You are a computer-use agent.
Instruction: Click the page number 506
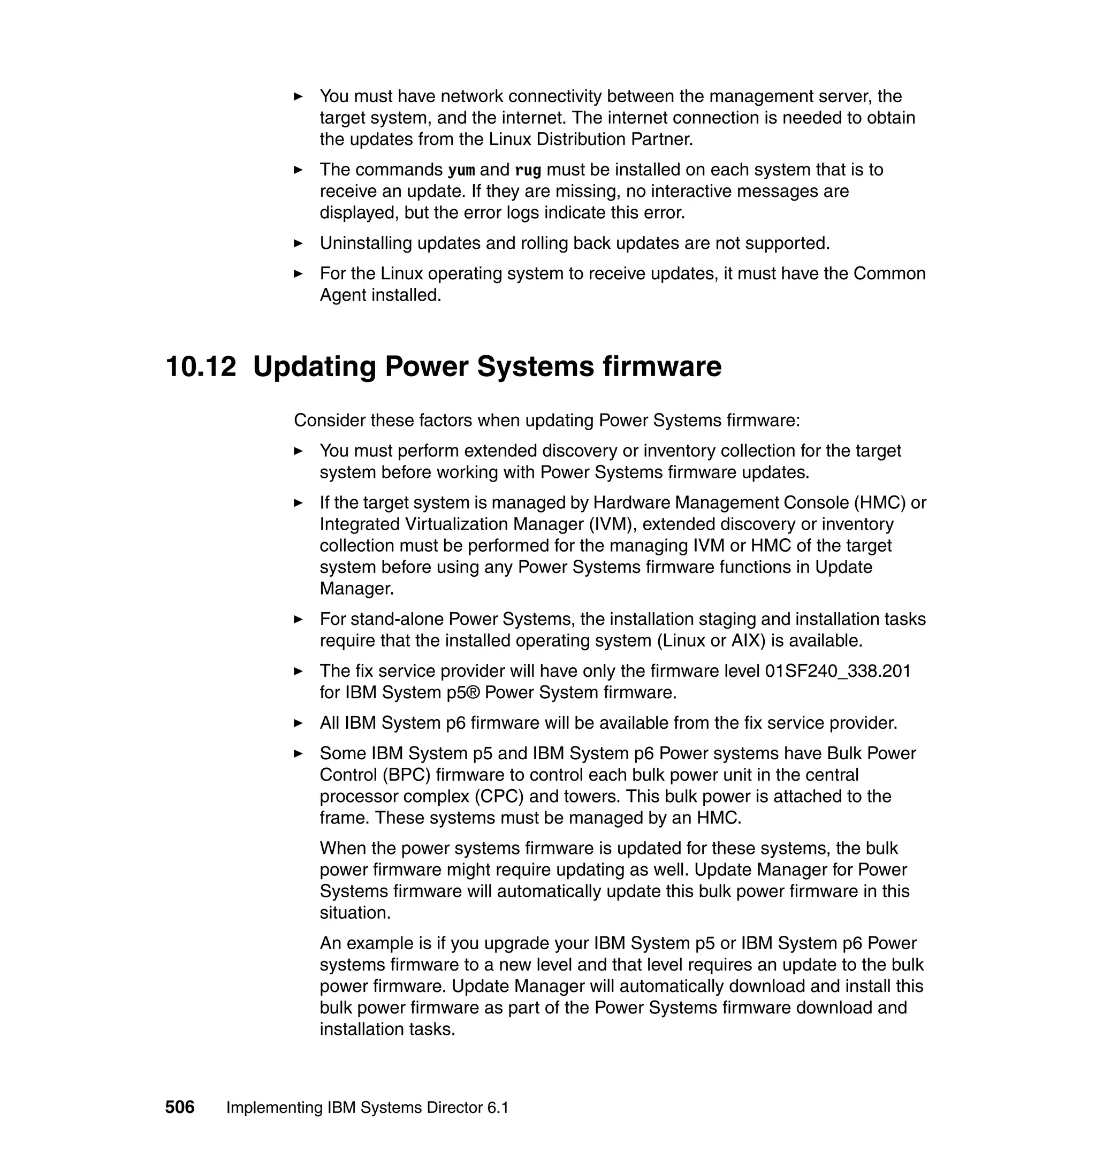(179, 1107)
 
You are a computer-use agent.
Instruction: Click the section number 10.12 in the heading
(201, 367)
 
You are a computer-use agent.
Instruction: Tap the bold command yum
(461, 170)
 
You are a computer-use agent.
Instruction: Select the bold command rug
(528, 170)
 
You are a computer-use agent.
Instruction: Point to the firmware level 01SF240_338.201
(838, 670)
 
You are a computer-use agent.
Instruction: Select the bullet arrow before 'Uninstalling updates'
(298, 243)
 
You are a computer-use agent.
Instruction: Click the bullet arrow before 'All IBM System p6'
(298, 723)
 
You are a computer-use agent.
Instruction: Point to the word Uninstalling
(366, 243)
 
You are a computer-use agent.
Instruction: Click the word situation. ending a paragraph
(355, 912)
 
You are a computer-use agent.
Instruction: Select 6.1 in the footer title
(497, 1108)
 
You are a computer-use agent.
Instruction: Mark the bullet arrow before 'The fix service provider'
(298, 671)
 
